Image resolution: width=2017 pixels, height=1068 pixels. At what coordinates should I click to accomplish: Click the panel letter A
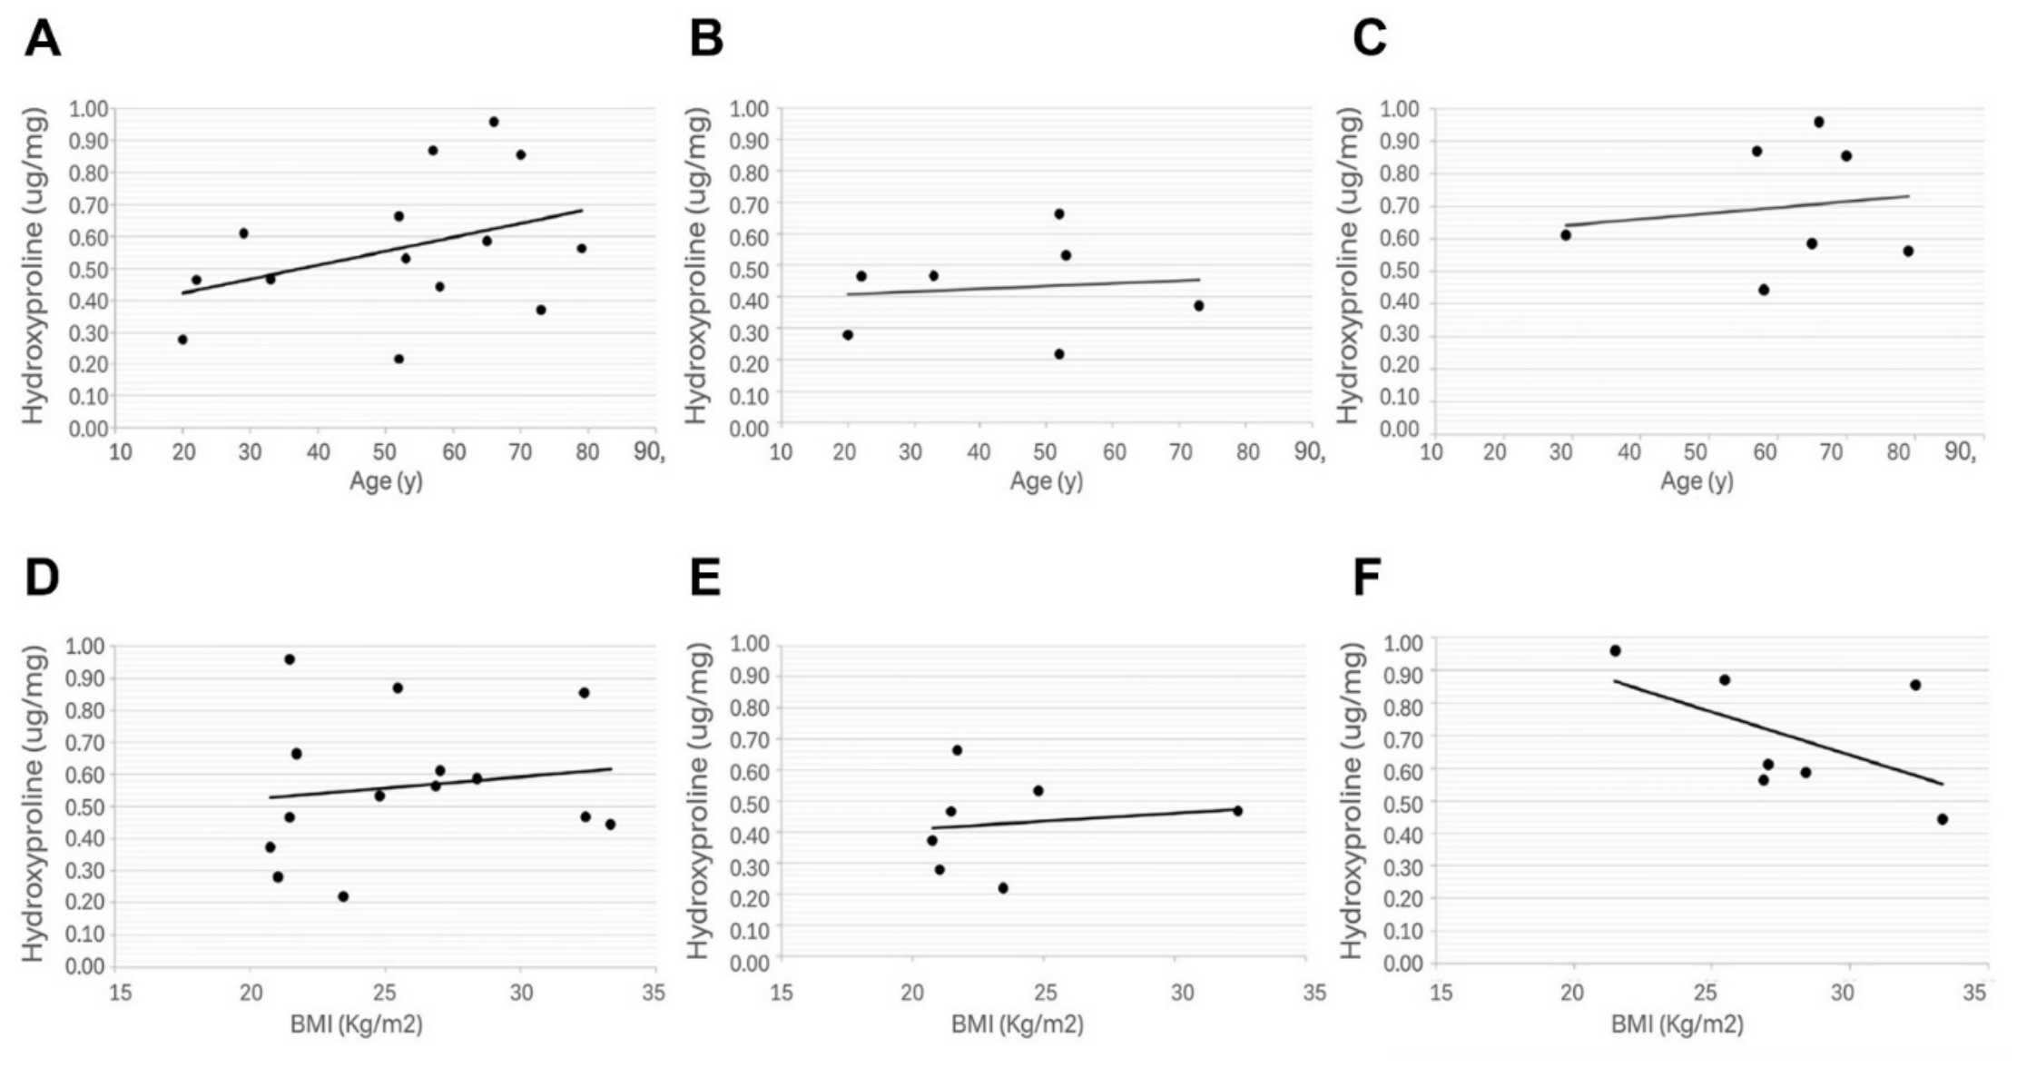pos(43,39)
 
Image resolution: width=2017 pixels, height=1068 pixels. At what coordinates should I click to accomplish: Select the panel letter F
pos(1367,578)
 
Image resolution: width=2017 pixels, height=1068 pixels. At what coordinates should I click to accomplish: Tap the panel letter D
pos(42,578)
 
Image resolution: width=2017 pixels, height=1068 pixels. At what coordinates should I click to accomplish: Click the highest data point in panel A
pos(494,122)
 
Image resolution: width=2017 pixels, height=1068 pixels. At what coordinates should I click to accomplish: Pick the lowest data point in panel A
pos(398,359)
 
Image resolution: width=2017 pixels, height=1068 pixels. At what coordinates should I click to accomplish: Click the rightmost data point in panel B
pos(1198,306)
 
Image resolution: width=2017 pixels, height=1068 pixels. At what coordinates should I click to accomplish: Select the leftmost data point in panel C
pos(1566,235)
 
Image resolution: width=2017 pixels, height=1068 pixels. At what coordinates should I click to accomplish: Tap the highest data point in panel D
pos(290,659)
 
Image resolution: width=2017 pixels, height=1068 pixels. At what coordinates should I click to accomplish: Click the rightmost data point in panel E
pos(1237,811)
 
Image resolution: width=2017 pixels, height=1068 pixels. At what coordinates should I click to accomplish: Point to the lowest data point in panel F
pos(1943,819)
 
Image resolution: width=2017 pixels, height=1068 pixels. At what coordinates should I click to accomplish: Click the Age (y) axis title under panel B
pos(1047,481)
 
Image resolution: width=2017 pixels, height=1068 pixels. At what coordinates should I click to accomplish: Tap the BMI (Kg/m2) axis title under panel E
pos(1018,1025)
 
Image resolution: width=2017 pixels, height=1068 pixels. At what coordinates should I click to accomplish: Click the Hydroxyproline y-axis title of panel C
pos(1351,265)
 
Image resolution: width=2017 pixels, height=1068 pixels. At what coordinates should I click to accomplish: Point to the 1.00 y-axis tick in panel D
pos(88,647)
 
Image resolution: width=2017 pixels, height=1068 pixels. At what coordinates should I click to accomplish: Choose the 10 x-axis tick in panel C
pos(1432,451)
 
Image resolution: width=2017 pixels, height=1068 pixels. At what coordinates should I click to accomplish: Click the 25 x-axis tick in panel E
pos(1046,994)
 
